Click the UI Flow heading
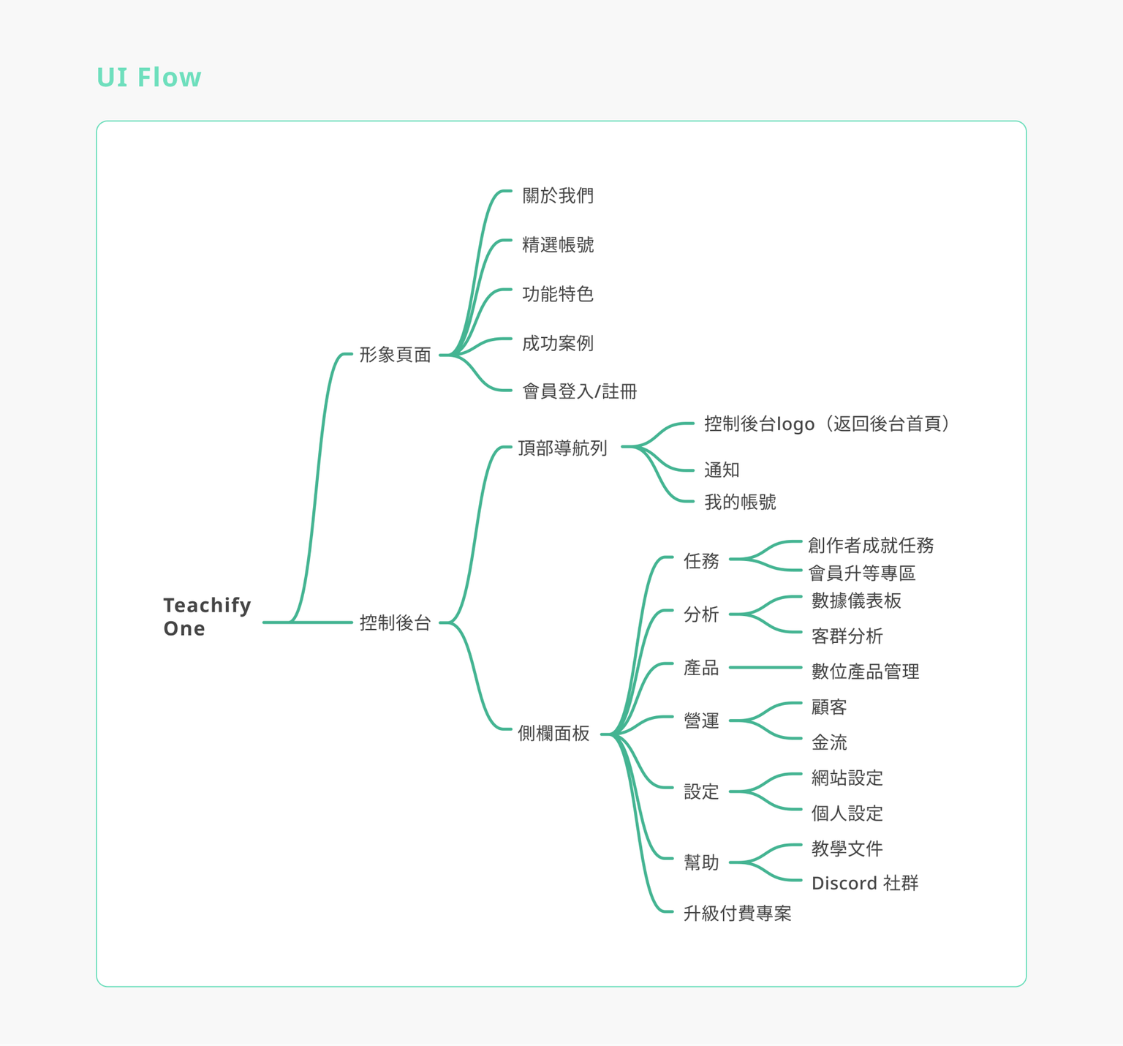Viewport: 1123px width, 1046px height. [x=149, y=78]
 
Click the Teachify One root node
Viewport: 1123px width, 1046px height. [x=207, y=617]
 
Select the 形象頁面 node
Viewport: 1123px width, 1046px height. [x=395, y=355]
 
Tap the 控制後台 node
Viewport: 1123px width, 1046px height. [x=395, y=622]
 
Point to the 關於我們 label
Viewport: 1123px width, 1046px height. [x=558, y=195]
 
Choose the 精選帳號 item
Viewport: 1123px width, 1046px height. [x=558, y=244]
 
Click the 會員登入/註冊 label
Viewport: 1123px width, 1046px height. [x=580, y=391]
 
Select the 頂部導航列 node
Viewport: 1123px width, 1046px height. [x=562, y=448]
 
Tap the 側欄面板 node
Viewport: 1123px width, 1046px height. [x=553, y=733]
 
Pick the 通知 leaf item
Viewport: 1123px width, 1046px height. [x=722, y=470]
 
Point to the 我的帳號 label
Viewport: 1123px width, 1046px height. [x=740, y=502]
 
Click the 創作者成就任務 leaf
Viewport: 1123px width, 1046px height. [x=871, y=545]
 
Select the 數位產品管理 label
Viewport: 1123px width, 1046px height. [x=866, y=671]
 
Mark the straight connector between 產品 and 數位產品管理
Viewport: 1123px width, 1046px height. [x=765, y=667]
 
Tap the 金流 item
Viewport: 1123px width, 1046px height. [x=829, y=742]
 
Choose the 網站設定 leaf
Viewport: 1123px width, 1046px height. [x=847, y=778]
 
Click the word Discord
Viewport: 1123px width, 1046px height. [x=844, y=883]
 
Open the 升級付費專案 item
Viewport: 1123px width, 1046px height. [x=737, y=913]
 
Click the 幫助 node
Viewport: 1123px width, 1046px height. [x=701, y=862]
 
